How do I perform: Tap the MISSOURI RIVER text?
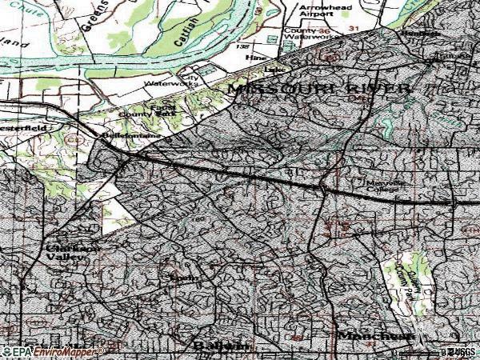click(x=321, y=89)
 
